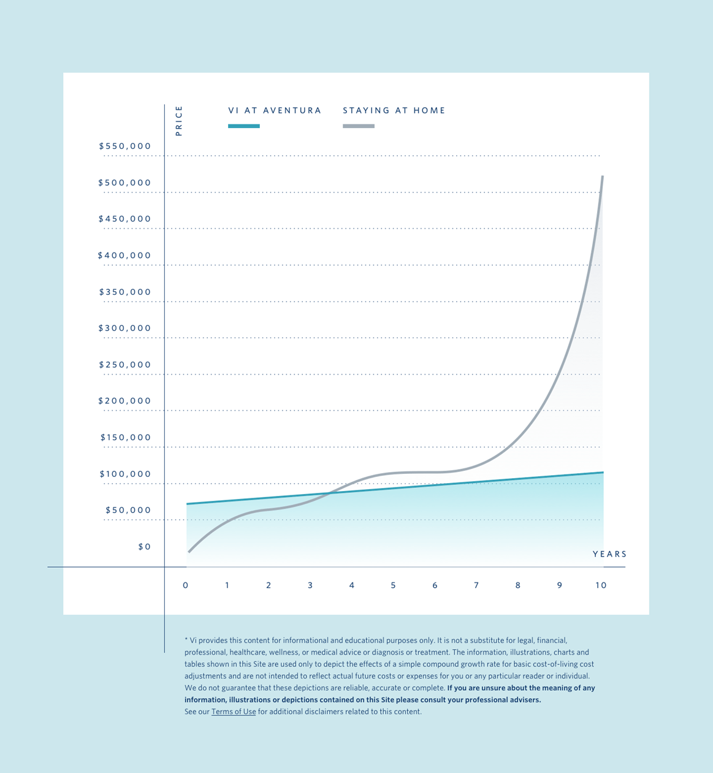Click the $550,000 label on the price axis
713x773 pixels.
tap(125, 147)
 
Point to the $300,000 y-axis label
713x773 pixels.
tap(125, 329)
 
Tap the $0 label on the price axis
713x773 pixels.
tap(145, 547)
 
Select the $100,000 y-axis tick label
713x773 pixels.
tap(125, 474)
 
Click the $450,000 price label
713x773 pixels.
tap(125, 219)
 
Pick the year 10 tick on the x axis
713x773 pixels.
tap(601, 585)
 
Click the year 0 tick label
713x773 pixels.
tap(186, 585)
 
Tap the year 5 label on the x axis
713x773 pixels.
tap(393, 585)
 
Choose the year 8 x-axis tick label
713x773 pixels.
tap(518, 585)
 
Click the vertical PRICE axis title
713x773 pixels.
tap(179, 121)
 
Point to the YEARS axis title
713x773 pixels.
tap(609, 554)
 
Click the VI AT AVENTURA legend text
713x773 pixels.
tap(275, 111)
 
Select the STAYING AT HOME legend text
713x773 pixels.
tap(394, 111)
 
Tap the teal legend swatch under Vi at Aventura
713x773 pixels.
tap(244, 126)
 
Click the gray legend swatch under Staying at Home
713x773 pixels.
tap(359, 126)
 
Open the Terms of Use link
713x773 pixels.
tap(234, 712)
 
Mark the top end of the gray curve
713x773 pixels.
tap(603, 177)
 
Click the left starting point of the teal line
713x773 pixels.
tap(188, 504)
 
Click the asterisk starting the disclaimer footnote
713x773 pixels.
tap(186, 639)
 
